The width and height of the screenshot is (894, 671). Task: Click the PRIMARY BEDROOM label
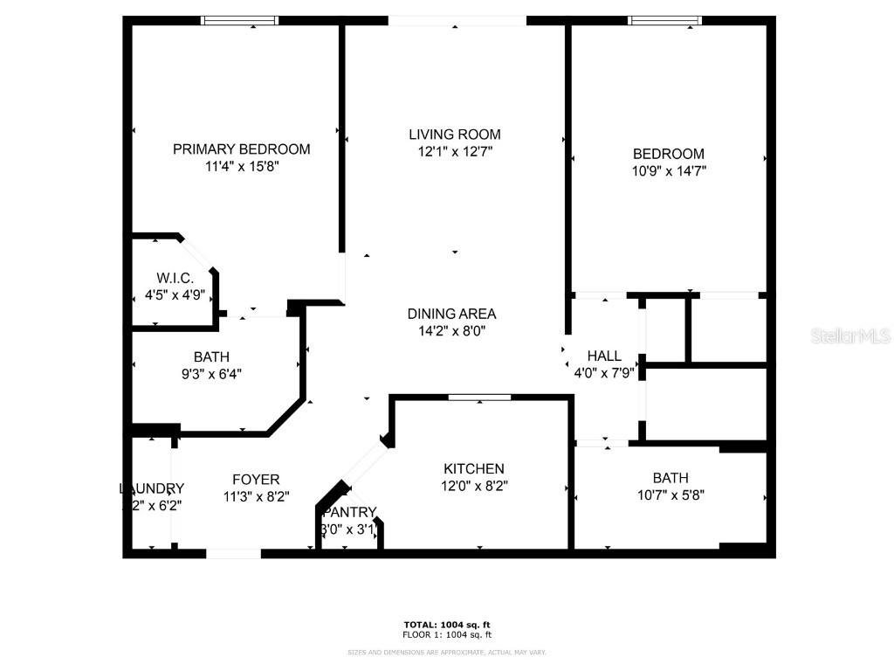[241, 149]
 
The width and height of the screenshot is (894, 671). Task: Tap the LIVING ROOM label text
[455, 135]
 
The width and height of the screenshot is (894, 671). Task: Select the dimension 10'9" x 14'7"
[669, 171]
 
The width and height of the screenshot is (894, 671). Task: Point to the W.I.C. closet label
[175, 278]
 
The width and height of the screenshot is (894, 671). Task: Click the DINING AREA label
[451, 314]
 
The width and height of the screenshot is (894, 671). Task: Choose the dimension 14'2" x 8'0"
[451, 331]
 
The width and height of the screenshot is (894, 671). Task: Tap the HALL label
[604, 356]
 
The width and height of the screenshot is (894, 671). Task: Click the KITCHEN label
[473, 469]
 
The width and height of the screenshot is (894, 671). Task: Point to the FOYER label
[256, 479]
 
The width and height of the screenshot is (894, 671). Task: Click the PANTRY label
[349, 512]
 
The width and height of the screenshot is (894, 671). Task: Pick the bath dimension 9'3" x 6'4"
[211, 374]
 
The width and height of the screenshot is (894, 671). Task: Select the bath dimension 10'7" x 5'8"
[670, 495]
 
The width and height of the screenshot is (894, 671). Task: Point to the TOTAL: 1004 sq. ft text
[446, 624]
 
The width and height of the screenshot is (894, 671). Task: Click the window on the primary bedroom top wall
[240, 20]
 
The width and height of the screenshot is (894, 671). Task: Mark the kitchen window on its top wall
[479, 398]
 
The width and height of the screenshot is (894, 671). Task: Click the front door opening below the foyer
[233, 553]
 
